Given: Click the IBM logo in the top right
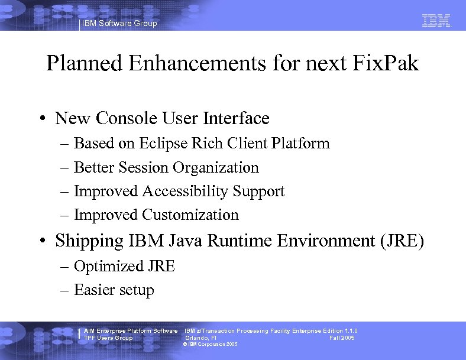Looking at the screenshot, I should click(436, 21).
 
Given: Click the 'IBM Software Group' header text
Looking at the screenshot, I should click(119, 24).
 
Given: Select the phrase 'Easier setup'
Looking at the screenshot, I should click(114, 290).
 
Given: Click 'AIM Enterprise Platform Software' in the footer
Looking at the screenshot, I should click(131, 331).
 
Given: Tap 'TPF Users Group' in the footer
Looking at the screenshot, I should click(108, 338).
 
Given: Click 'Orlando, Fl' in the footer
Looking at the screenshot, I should click(201, 338).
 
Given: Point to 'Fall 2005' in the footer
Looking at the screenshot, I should click(342, 338).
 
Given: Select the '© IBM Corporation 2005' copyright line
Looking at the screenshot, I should click(211, 344).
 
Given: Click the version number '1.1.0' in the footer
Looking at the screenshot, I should click(349, 331).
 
